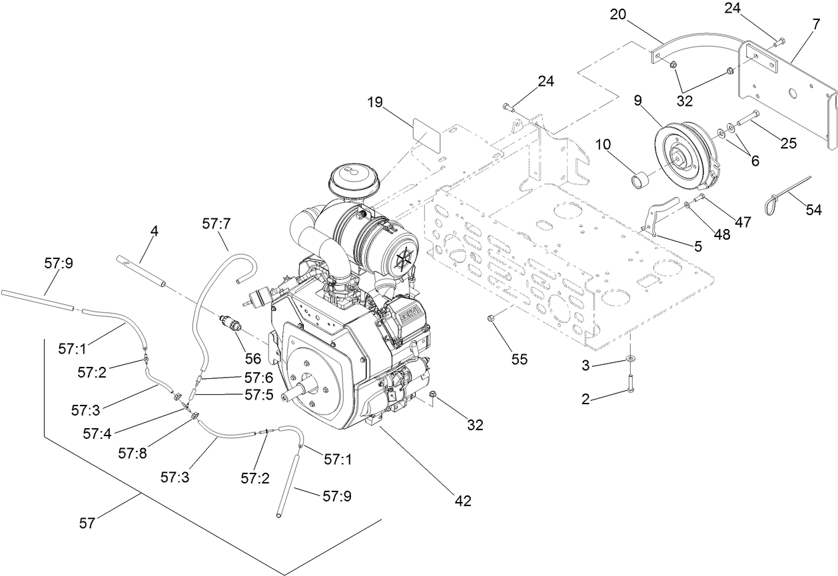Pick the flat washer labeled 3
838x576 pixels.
pyautogui.click(x=629, y=360)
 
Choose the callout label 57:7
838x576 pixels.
pyautogui.click(x=216, y=224)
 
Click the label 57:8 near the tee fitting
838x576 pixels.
pyautogui.click(x=132, y=453)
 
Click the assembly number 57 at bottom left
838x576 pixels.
pyautogui.click(x=87, y=523)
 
